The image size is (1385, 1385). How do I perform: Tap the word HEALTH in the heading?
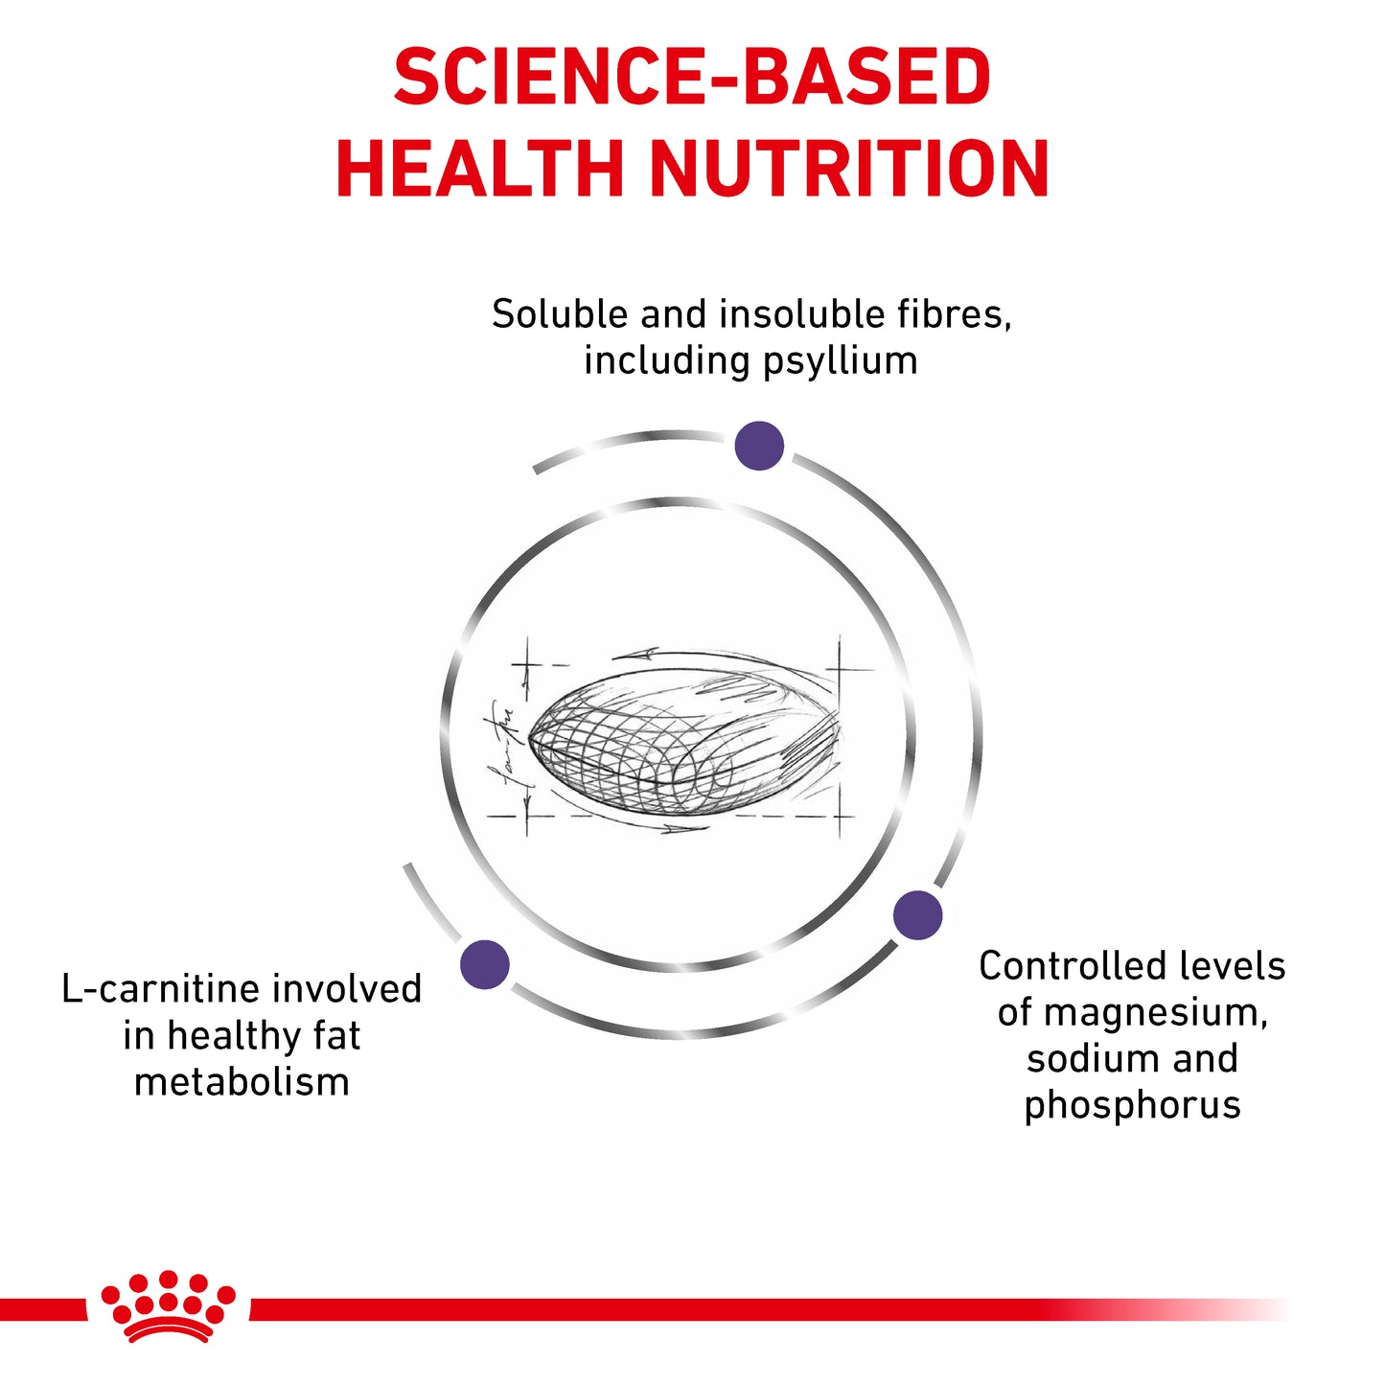pos(480,169)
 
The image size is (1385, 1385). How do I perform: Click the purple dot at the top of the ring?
pos(759,446)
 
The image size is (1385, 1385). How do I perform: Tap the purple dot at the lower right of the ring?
pos(917,914)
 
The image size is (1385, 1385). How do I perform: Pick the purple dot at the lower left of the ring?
pos(485,964)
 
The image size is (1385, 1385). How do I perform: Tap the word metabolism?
pos(242,1082)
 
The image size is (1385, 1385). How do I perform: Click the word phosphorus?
pos(1132,1105)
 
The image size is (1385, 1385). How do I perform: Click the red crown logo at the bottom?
pos(169,1306)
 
